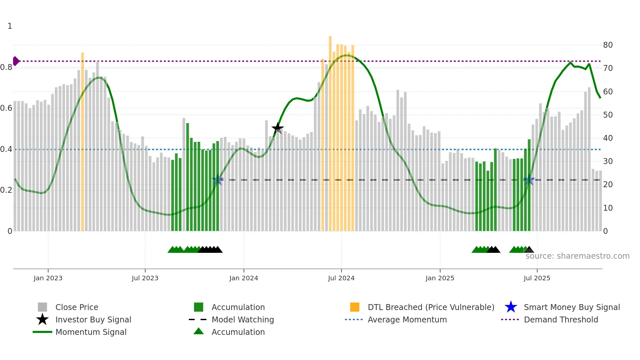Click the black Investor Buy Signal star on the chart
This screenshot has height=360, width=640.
[x=278, y=128]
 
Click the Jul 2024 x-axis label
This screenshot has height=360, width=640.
[x=341, y=278]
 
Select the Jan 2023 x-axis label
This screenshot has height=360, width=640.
[x=48, y=278]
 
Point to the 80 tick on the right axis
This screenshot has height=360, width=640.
[x=608, y=45]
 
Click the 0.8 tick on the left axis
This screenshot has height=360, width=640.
[x=7, y=67]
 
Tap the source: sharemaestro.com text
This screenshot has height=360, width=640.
[x=577, y=256]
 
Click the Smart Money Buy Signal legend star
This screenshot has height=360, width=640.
[x=511, y=307]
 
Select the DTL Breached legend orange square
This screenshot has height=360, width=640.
[x=355, y=307]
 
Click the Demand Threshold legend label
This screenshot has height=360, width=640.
[x=561, y=319]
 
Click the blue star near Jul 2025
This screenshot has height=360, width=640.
[x=529, y=180]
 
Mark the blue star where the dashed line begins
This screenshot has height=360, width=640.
[x=217, y=180]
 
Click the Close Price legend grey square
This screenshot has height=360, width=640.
[x=42, y=307]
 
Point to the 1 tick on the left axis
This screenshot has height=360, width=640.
[x=10, y=26]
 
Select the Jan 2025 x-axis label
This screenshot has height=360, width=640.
[x=440, y=278]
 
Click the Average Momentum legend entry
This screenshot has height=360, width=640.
[x=407, y=319]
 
